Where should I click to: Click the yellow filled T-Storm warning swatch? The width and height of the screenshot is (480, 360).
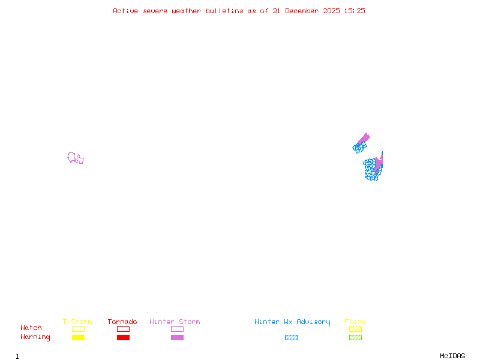click(78, 338)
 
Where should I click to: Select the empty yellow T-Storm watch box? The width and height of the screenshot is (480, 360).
click(78, 329)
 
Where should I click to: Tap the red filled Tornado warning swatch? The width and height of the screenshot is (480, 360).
click(123, 338)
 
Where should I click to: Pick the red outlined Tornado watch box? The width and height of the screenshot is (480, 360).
click(123, 329)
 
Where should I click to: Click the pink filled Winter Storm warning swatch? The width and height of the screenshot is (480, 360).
click(177, 338)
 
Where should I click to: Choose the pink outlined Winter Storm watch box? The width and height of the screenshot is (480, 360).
click(177, 329)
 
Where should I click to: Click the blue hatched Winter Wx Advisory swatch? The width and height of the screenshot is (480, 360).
click(291, 338)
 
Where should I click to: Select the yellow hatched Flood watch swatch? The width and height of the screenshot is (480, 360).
click(355, 329)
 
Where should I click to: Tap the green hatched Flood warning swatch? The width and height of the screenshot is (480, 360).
click(355, 338)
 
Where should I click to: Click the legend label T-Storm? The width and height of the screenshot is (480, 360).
click(77, 322)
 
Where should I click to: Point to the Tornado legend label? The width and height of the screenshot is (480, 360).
click(122, 322)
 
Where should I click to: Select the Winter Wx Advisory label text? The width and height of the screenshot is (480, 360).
click(292, 322)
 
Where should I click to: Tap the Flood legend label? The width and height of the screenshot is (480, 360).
click(355, 322)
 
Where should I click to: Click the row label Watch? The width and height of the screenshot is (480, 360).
click(31, 328)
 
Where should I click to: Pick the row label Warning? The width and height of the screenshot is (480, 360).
click(35, 337)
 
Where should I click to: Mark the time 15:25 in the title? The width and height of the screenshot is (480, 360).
click(355, 11)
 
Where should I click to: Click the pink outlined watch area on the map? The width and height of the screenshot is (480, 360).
click(75, 158)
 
